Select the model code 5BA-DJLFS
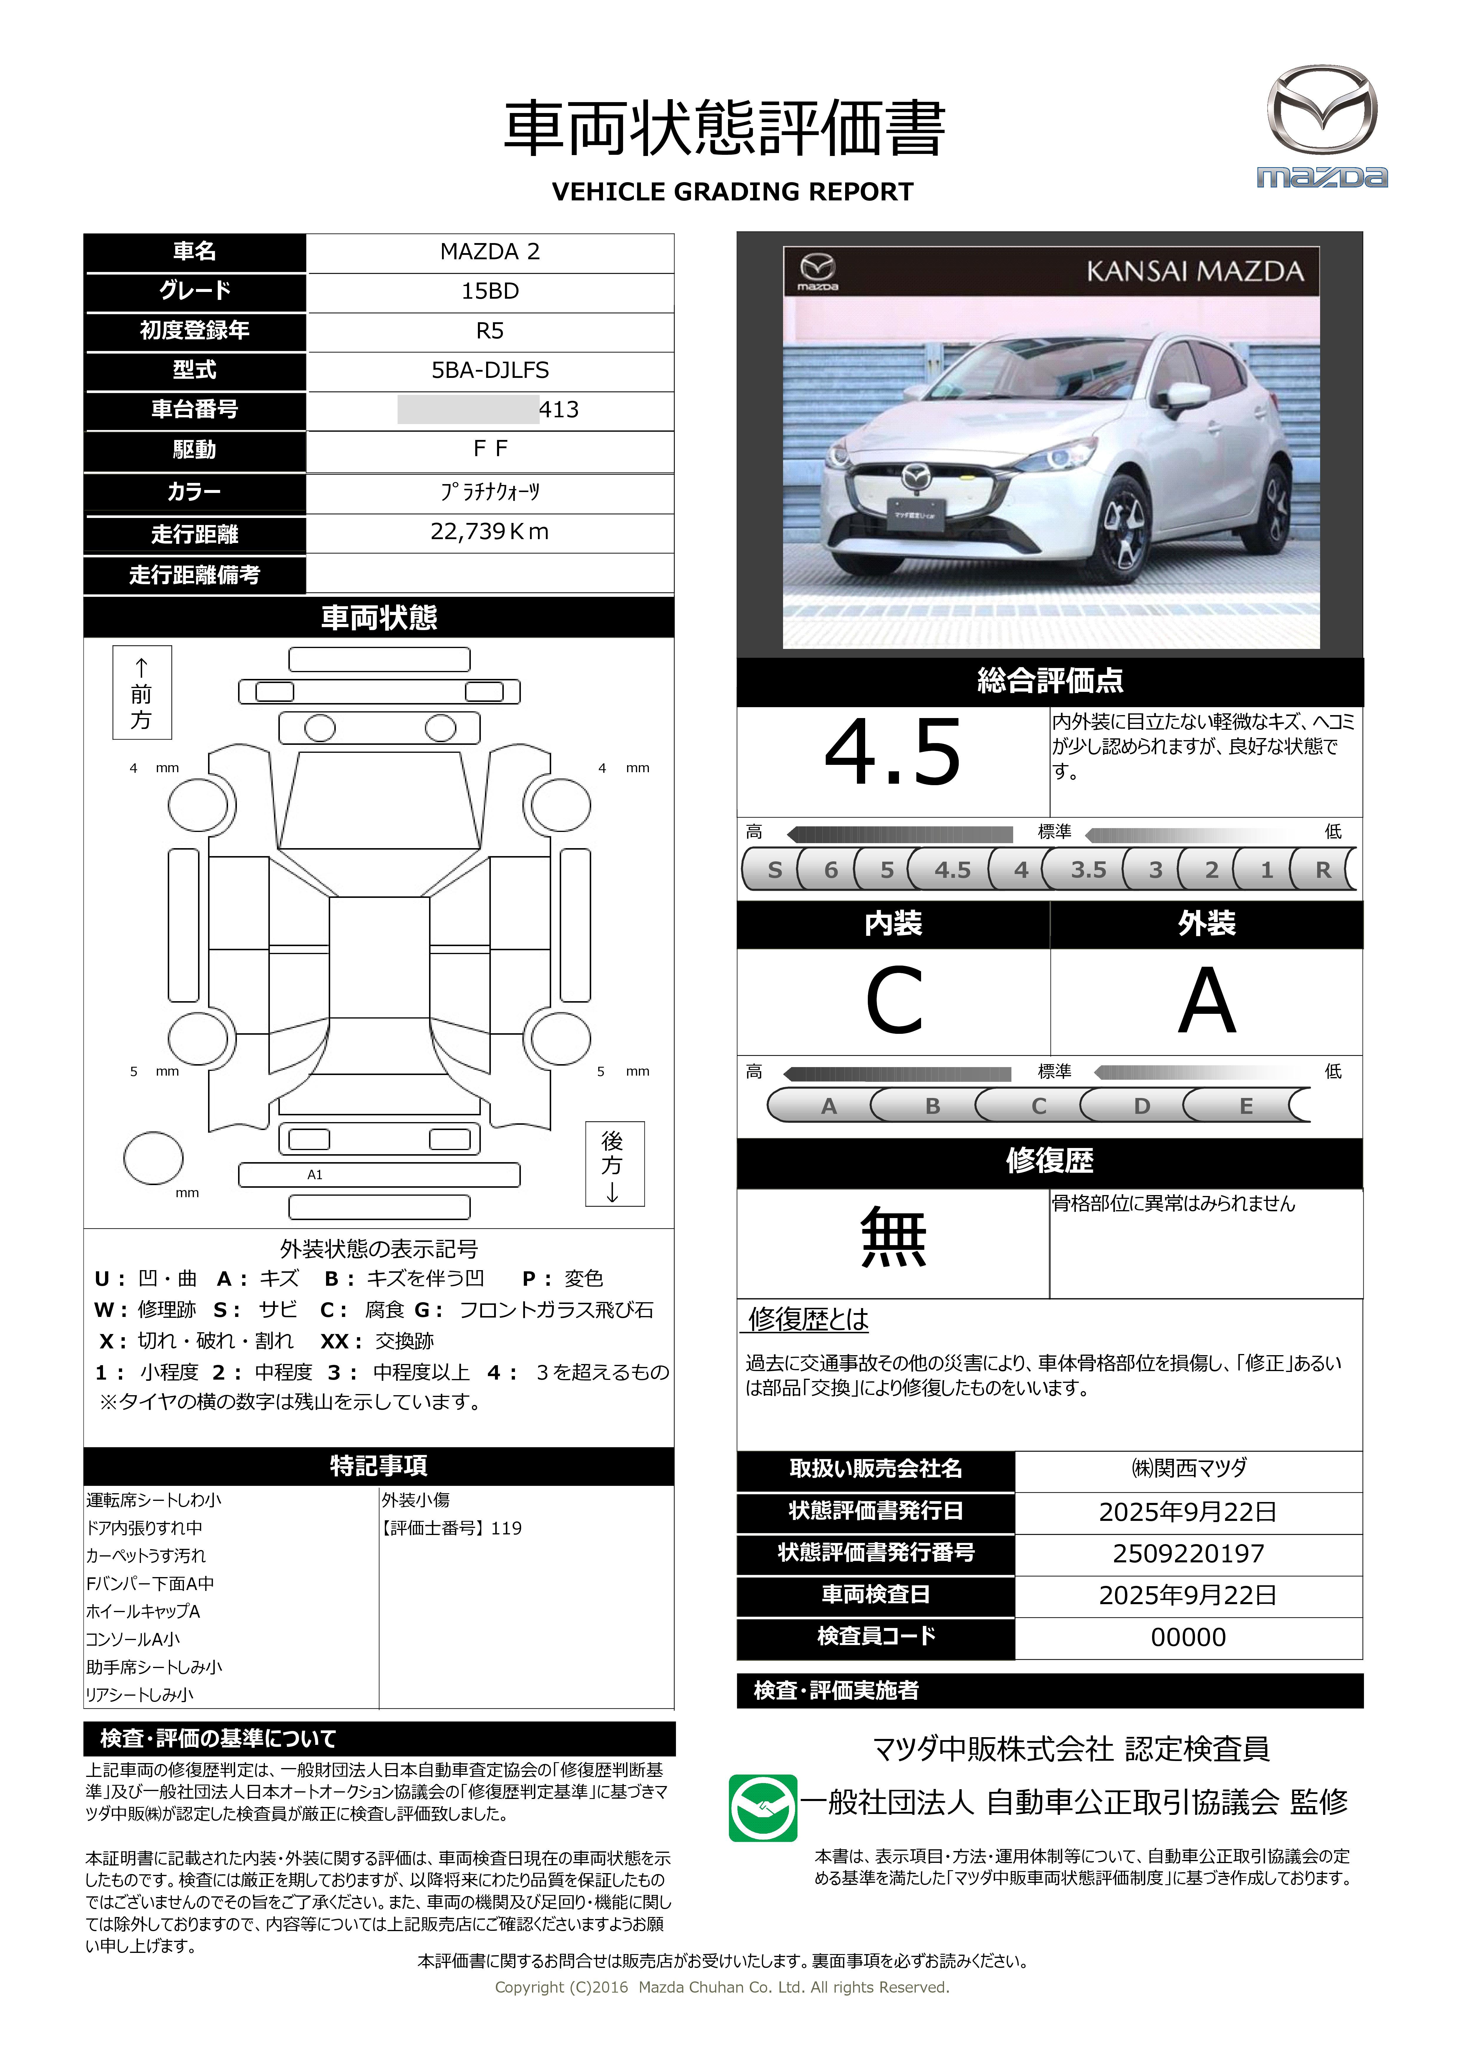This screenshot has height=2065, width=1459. coord(489,370)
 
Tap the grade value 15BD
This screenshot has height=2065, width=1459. coord(489,291)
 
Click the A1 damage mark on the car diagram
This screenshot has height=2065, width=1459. coord(315,1174)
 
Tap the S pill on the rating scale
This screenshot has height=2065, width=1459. coord(775,870)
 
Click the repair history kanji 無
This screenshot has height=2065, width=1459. coord(893,1238)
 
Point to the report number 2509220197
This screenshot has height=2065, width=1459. coord(1187,1553)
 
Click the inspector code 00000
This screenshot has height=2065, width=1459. coord(1187,1637)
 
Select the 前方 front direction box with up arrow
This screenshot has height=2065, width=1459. coord(141,692)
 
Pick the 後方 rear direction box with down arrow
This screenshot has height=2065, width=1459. coord(614,1164)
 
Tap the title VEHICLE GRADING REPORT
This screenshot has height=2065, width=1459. coord(732,192)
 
